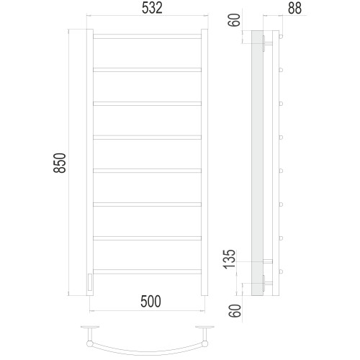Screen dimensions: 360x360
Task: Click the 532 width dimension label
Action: tap(152, 8)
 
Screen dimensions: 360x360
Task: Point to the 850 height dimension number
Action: tap(60, 163)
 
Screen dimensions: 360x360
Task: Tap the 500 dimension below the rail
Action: tap(150, 302)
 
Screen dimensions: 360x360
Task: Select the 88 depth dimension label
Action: tap(294, 8)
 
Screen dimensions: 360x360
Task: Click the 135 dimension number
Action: tap(229, 259)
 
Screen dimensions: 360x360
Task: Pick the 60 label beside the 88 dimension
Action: tap(235, 20)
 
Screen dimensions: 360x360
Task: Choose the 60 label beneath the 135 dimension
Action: tap(235, 311)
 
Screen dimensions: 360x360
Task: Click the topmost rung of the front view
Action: tap(147, 36)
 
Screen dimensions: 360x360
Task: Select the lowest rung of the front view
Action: tap(147, 271)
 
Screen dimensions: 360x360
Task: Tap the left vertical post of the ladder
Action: tap(90, 163)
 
